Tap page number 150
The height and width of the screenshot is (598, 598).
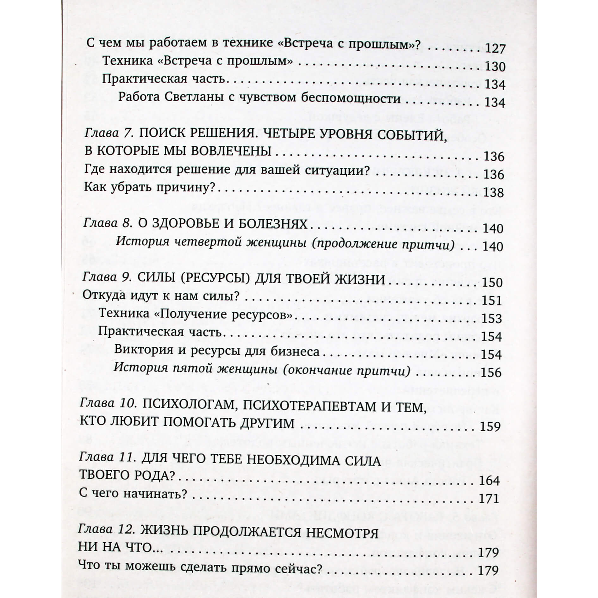(x=492, y=282)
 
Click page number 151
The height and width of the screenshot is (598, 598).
(x=492, y=300)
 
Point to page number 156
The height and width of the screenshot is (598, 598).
(x=491, y=372)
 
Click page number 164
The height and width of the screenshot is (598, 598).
(x=489, y=481)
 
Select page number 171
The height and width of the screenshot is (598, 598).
(x=489, y=499)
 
